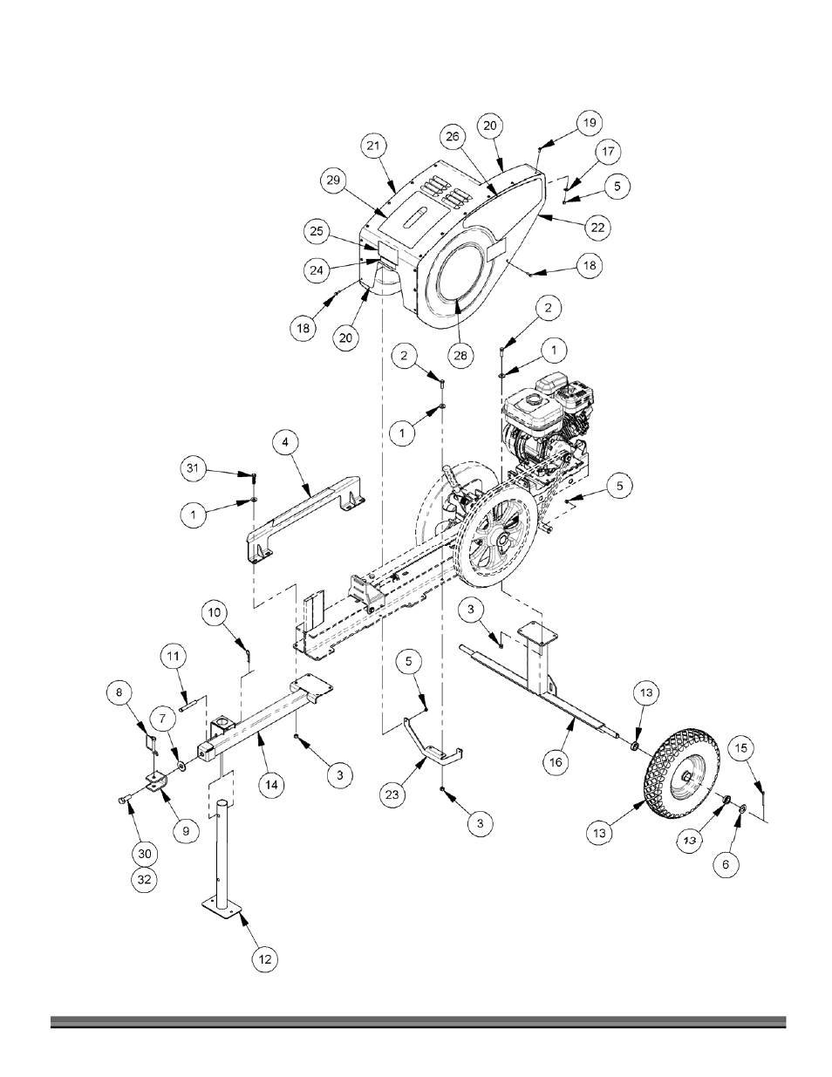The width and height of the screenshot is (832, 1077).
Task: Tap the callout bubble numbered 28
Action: point(460,355)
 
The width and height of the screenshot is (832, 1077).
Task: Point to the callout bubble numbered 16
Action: point(556,762)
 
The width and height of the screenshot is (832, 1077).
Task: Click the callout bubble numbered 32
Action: point(145,880)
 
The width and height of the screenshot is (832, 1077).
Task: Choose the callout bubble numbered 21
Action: point(373,146)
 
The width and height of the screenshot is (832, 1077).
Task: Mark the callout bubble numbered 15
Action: point(740,748)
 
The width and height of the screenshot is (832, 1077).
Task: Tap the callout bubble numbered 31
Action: point(193,467)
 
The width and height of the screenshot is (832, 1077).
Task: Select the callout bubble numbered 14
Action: point(271,785)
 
